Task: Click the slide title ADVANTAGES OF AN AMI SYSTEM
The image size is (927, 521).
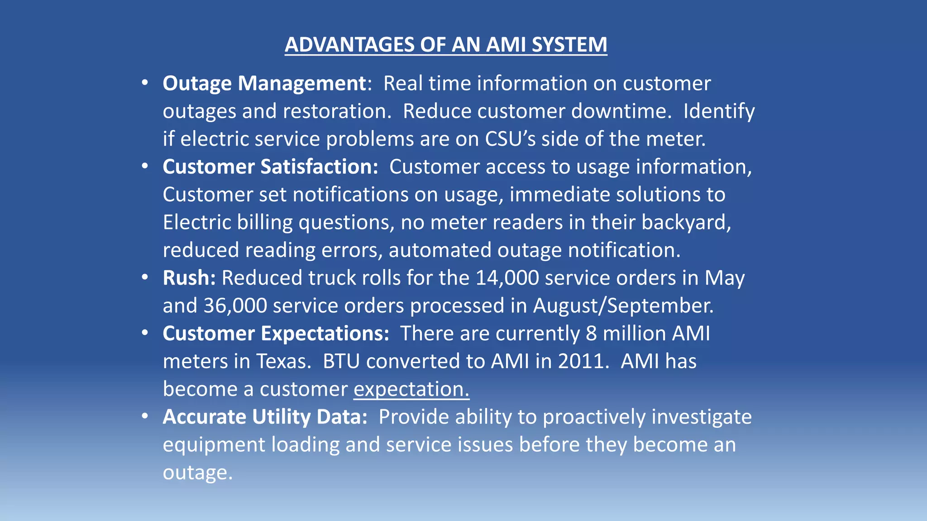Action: [x=446, y=45]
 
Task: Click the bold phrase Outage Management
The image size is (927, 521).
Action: [x=264, y=84]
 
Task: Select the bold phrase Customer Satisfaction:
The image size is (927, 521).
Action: [x=270, y=167]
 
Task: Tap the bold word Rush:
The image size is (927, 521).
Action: [x=189, y=278]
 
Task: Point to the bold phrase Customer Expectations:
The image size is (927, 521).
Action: [x=276, y=334]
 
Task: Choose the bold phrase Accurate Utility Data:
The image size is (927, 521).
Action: [x=265, y=417]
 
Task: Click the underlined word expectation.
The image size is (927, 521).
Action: [x=411, y=389]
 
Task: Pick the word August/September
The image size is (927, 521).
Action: [x=623, y=306]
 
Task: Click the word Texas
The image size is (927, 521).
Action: [x=284, y=361]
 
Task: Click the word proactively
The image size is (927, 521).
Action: [x=594, y=417]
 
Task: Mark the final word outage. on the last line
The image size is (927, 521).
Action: [x=197, y=473]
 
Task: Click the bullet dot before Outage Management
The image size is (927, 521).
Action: [x=144, y=83]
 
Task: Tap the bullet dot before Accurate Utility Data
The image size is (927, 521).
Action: [x=144, y=416]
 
